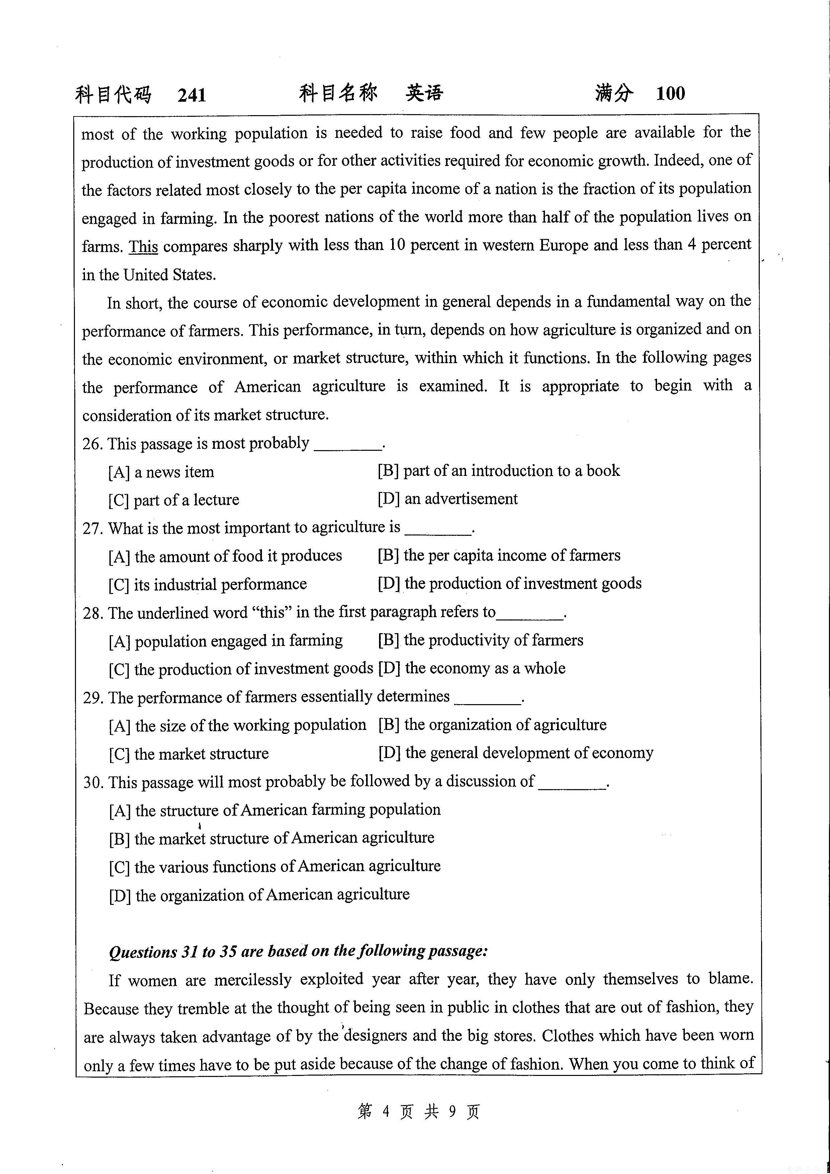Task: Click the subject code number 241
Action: pyautogui.click(x=192, y=95)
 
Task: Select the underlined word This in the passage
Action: pyautogui.click(x=143, y=246)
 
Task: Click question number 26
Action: pyautogui.click(x=92, y=444)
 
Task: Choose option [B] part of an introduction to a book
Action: pyautogui.click(x=498, y=471)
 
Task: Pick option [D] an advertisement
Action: pyautogui.click(x=447, y=499)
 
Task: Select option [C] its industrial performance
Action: pyautogui.click(x=207, y=584)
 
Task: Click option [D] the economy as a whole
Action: pyautogui.click(x=471, y=669)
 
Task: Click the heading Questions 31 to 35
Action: pyautogui.click(x=298, y=951)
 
